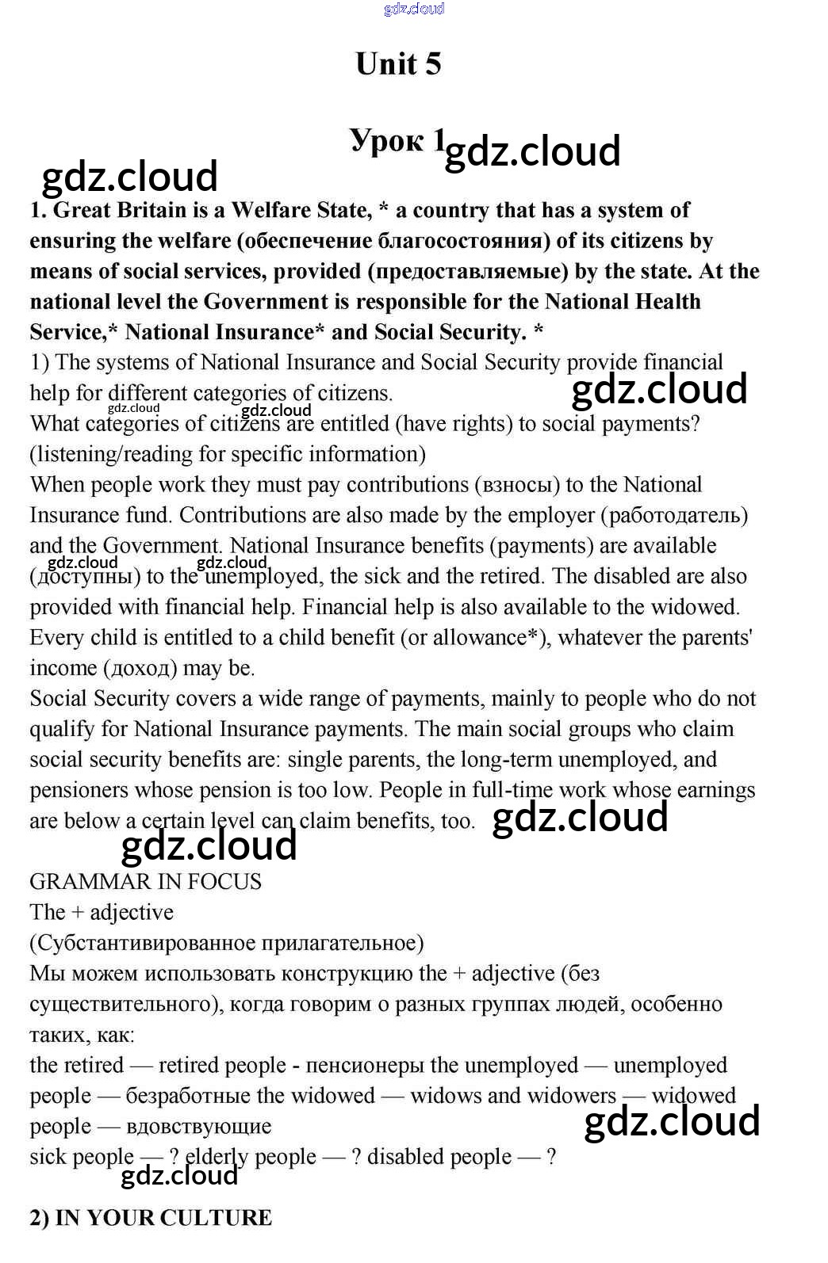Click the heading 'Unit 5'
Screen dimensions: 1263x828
pyautogui.click(x=398, y=64)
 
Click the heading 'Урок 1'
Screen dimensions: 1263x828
pyautogui.click(x=397, y=141)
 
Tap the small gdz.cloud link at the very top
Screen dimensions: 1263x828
pyautogui.click(x=413, y=9)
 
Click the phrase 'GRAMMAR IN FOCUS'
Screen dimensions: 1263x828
pyautogui.click(x=146, y=882)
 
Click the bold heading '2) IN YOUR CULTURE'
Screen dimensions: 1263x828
pyautogui.click(x=151, y=1218)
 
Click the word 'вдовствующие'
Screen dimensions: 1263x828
pyautogui.click(x=199, y=1127)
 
